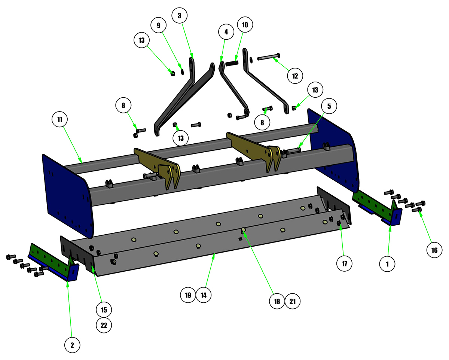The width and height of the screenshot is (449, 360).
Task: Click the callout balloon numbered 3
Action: coord(180,15)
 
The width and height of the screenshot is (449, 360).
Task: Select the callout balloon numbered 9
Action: coord(159,25)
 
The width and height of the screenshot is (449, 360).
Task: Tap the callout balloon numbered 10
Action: coord(245,25)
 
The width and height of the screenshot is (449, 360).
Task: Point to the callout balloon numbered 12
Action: coord(295,76)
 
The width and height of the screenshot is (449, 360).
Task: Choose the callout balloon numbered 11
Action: coord(59,119)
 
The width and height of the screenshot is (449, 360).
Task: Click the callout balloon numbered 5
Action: coord(329,106)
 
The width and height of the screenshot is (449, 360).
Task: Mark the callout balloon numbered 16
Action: coord(434,250)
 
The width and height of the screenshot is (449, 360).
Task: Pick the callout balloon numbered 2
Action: coord(72,345)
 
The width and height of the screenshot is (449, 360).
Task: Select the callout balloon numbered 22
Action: coord(104,325)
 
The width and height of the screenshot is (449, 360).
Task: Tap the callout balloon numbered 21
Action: coord(293,301)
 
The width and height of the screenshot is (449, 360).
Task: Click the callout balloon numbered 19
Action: coord(188,295)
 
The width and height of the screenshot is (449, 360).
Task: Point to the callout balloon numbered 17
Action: coord(345,263)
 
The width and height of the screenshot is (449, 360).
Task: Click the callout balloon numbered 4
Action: coord(226,32)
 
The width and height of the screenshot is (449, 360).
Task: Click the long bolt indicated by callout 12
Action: coord(269,57)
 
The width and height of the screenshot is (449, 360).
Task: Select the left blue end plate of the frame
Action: coord(68,196)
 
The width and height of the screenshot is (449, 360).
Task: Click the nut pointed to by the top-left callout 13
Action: coord(173,73)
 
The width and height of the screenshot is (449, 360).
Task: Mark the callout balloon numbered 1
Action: coord(387,264)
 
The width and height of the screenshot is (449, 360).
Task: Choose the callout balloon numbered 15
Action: coord(104,310)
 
